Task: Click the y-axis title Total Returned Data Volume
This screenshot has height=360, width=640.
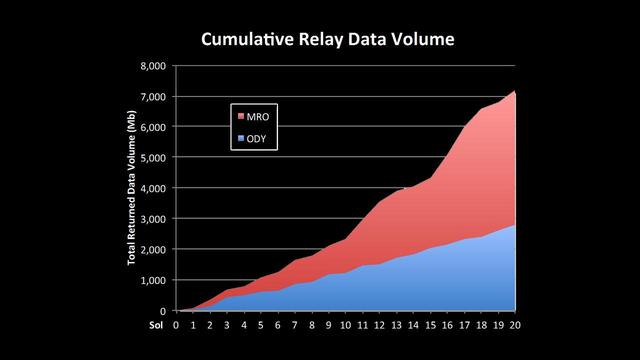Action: [132, 189]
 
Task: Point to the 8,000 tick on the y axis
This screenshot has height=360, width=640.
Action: [153, 66]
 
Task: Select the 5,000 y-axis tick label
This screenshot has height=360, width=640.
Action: [153, 158]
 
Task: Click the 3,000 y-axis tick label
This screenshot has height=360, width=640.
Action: [153, 219]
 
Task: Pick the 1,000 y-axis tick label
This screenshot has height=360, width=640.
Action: [153, 280]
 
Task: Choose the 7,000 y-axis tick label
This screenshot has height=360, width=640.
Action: [153, 97]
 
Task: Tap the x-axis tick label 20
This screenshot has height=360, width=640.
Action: [514, 324]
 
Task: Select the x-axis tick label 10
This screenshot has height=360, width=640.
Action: [345, 324]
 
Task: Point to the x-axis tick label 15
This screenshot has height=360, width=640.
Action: [430, 324]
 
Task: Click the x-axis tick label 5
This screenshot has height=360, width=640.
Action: [261, 324]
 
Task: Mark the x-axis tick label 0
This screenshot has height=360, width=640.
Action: [176, 324]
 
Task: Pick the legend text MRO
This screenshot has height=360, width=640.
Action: [259, 117]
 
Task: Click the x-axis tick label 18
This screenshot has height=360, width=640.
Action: [480, 324]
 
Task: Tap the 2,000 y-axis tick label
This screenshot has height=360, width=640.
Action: [153, 250]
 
